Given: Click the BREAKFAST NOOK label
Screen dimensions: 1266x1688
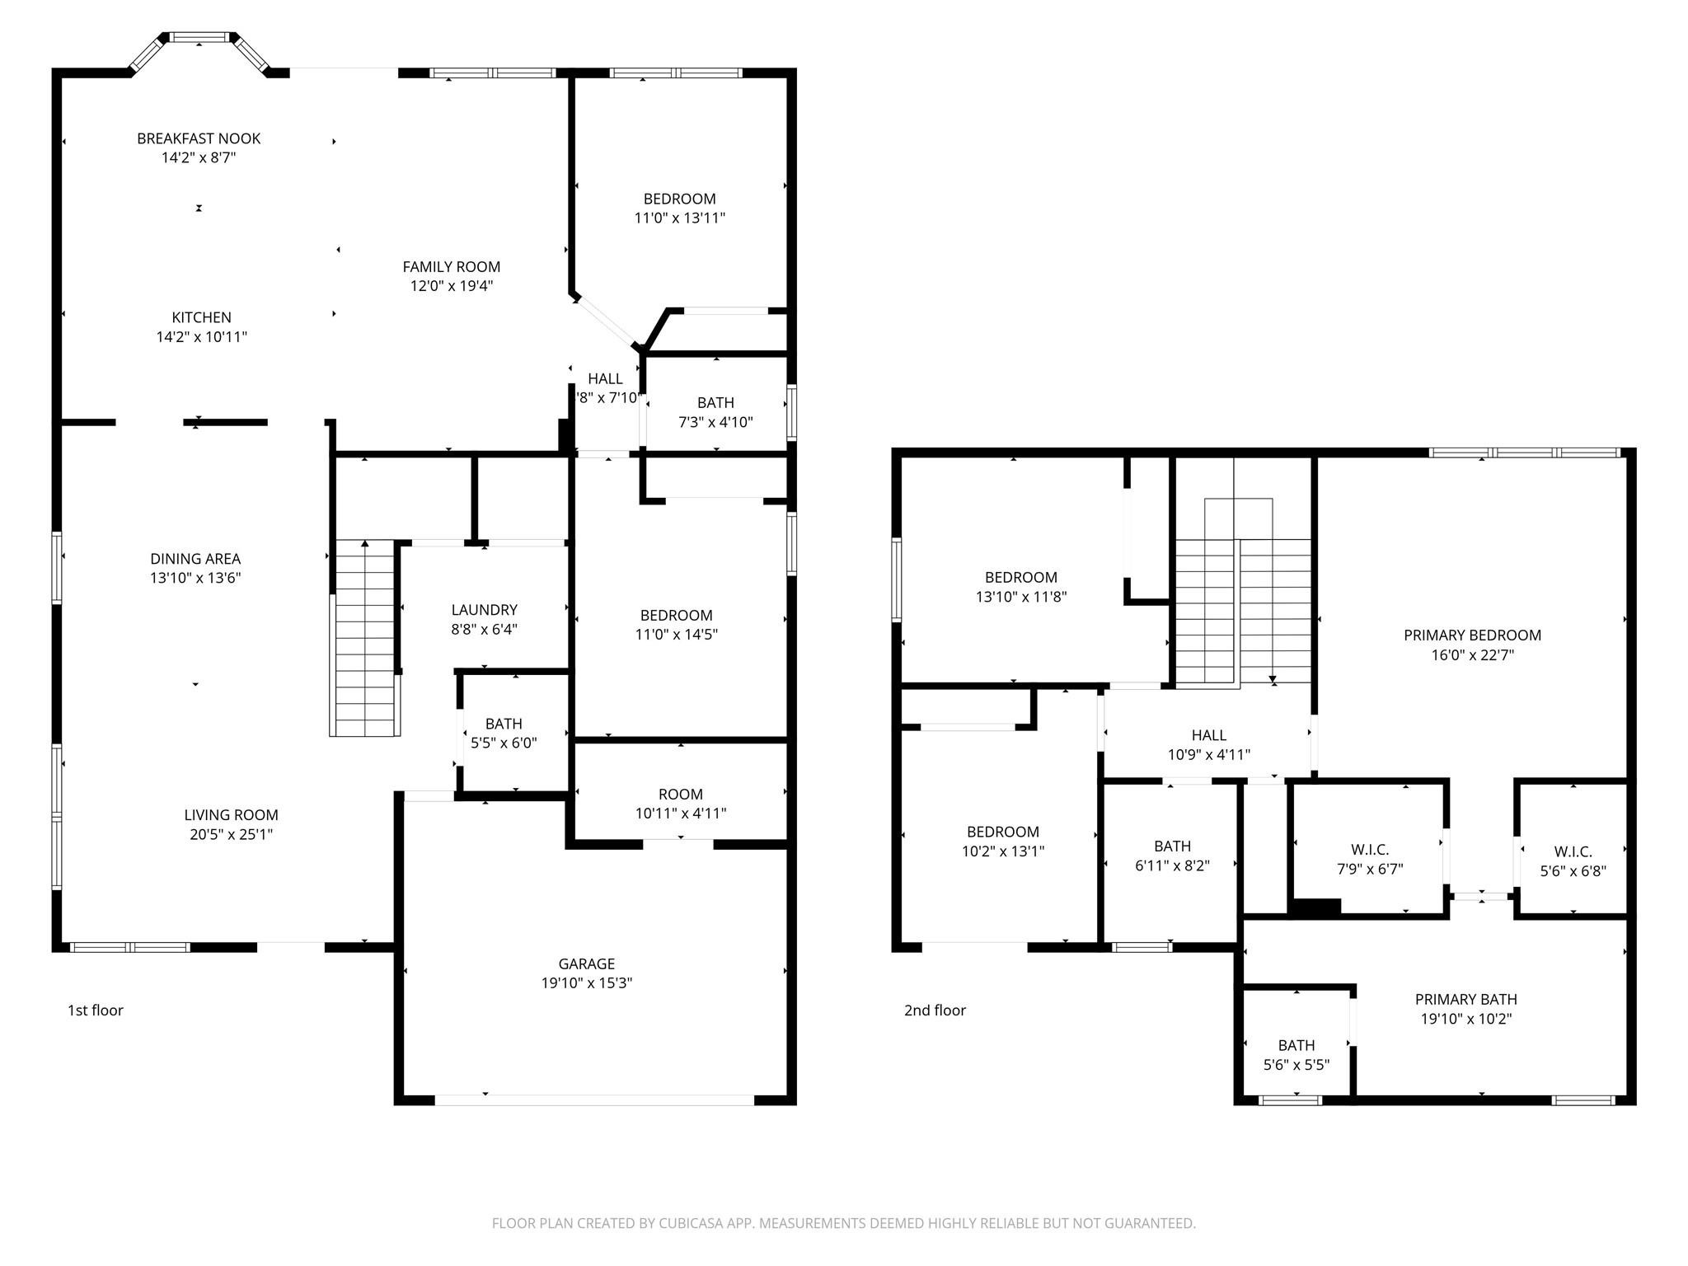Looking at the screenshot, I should [199, 138].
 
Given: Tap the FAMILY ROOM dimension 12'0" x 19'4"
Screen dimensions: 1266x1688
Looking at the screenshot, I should [452, 286].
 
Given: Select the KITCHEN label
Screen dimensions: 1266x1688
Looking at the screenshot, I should [201, 317].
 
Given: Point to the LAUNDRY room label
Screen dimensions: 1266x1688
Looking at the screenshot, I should [484, 610].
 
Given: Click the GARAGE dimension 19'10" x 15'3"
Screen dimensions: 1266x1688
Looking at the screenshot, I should [587, 982].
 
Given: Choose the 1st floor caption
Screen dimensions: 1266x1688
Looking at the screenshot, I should [95, 1010].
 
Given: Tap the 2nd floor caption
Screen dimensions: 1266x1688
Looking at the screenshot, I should [935, 1010].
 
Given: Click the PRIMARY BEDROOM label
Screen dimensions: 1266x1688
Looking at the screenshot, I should [1472, 635].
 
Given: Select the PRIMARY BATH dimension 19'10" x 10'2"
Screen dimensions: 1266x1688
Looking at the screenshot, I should [1465, 1019].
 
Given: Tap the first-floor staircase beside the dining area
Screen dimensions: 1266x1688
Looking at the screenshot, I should [364, 639].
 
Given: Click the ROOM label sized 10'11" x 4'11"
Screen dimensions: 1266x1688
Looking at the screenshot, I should [681, 795].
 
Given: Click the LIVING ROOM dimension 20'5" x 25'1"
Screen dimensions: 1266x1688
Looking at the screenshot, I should [231, 834].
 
